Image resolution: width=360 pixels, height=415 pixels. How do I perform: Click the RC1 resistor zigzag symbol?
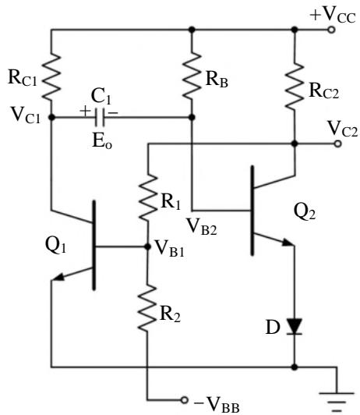(51, 76)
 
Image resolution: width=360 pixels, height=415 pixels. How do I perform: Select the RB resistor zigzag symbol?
(192, 76)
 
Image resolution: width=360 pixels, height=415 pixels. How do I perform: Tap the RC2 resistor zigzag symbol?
(295, 86)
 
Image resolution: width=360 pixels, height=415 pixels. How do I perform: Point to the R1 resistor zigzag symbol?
(148, 197)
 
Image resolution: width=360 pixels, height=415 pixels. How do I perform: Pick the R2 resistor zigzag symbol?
(147, 308)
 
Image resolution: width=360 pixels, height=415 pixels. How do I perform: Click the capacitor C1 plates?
(100, 117)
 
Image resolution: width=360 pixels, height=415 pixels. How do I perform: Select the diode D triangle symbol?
(295, 327)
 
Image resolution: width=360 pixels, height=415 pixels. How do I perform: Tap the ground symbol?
(337, 402)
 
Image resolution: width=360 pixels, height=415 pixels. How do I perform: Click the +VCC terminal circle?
(331, 30)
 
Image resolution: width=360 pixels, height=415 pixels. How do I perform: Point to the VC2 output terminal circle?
(337, 144)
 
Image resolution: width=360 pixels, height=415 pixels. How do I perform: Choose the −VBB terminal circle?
(185, 399)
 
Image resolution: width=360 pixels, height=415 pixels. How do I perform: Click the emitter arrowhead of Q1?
(58, 277)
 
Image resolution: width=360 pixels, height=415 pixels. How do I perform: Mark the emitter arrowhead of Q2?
(288, 242)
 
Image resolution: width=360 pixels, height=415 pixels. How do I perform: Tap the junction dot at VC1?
(51, 117)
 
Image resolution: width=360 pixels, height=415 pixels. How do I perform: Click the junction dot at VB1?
(147, 247)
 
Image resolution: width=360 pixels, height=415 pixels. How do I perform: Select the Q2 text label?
(305, 212)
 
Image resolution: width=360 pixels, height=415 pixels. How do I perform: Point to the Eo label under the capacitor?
(102, 140)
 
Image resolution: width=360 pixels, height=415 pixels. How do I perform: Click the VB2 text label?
(202, 227)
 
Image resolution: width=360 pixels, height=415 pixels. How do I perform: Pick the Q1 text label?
(55, 245)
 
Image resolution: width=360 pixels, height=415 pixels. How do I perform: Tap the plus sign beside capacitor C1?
(85, 111)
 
